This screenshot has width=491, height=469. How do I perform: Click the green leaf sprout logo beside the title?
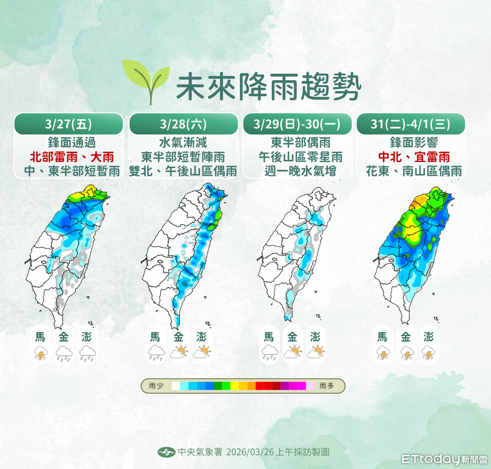[x=145, y=80]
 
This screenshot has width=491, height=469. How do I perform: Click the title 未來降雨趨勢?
[x=268, y=88]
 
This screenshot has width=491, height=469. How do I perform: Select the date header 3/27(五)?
[x=68, y=124]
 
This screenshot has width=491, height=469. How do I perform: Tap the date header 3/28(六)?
[x=183, y=124]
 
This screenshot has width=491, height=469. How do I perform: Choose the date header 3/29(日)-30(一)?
[x=298, y=124]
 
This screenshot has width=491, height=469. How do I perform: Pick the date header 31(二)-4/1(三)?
[x=411, y=124]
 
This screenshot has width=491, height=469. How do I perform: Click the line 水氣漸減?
[x=183, y=143]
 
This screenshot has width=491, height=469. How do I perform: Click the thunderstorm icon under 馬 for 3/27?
[x=40, y=353]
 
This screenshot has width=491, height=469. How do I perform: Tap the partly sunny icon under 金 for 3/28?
[x=179, y=352]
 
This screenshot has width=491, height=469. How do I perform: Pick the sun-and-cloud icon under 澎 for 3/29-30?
[x=316, y=352]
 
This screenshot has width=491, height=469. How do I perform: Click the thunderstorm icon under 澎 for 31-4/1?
[x=428, y=353]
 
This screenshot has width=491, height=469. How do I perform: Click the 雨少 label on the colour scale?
[x=156, y=386]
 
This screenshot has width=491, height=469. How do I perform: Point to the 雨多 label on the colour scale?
[x=326, y=386]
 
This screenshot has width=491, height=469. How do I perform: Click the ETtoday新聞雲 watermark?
[x=444, y=459]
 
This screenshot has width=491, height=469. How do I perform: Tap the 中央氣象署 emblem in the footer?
[x=166, y=452]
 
